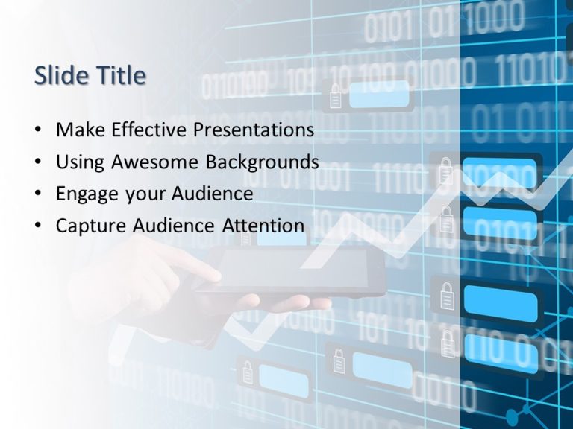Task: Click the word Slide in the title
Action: coord(59,75)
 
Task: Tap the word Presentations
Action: coord(254,130)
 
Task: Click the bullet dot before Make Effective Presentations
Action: coord(38,130)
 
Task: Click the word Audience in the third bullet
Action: coord(213,194)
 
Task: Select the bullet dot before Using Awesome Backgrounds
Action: coord(38,162)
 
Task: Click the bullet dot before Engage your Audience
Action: coord(38,194)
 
